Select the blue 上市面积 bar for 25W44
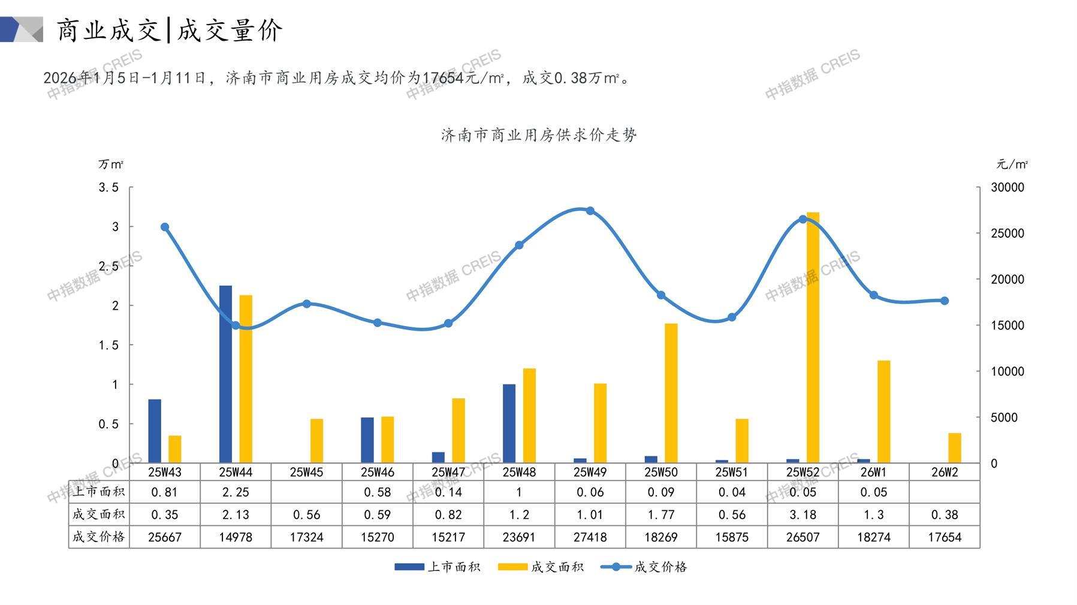[225, 374]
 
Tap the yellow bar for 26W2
[954, 447]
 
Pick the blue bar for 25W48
[509, 423]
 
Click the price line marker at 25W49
[590, 211]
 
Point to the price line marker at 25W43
[165, 227]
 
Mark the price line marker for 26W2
[945, 301]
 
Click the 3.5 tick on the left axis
[108, 187]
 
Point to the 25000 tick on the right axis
[1007, 234]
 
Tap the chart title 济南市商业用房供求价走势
[539, 135]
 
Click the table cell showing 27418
[590, 537]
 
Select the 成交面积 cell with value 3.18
[803, 515]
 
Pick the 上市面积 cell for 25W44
[236, 492]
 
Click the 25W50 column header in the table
[660, 472]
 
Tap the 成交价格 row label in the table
[99, 537]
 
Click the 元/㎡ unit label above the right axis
[1012, 164]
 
